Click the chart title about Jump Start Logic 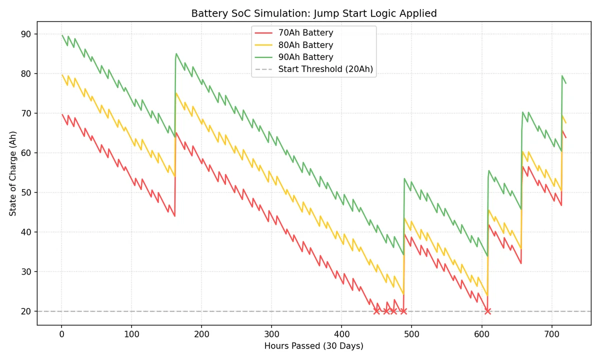(314, 13)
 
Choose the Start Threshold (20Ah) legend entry (325, 69)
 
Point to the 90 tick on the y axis (25, 34)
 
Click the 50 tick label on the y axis (25, 192)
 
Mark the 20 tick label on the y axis (25, 311)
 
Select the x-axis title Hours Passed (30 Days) (314, 346)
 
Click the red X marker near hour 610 (487, 311)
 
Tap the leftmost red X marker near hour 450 (376, 311)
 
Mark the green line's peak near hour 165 (176, 53)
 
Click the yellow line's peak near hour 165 (176, 93)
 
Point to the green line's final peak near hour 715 (562, 76)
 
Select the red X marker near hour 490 (403, 311)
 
